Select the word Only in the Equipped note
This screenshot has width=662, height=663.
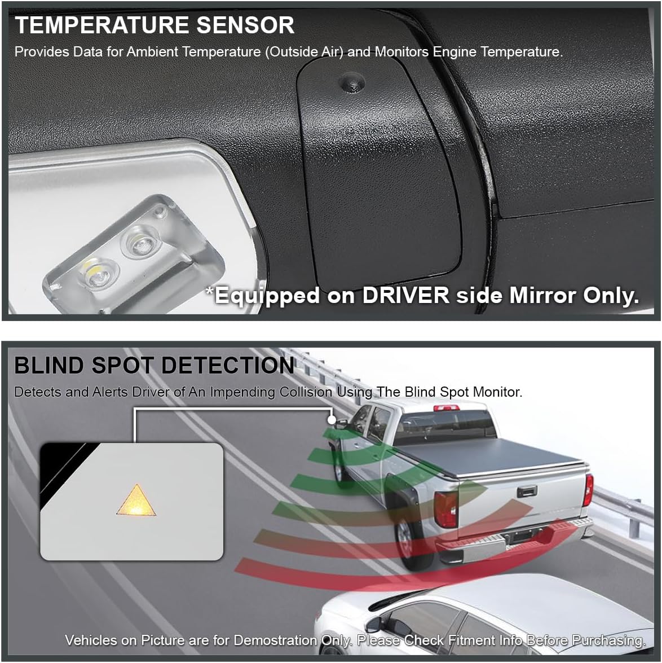pyautogui.click(x=608, y=296)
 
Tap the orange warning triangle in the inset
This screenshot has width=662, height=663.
pyautogui.click(x=137, y=500)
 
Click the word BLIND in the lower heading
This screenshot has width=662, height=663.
pyautogui.click(x=50, y=366)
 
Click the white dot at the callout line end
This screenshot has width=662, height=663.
pyautogui.click(x=332, y=420)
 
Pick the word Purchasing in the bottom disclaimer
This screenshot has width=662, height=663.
pyautogui.click(x=608, y=640)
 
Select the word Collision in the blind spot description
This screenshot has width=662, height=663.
pyautogui.click(x=307, y=392)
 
